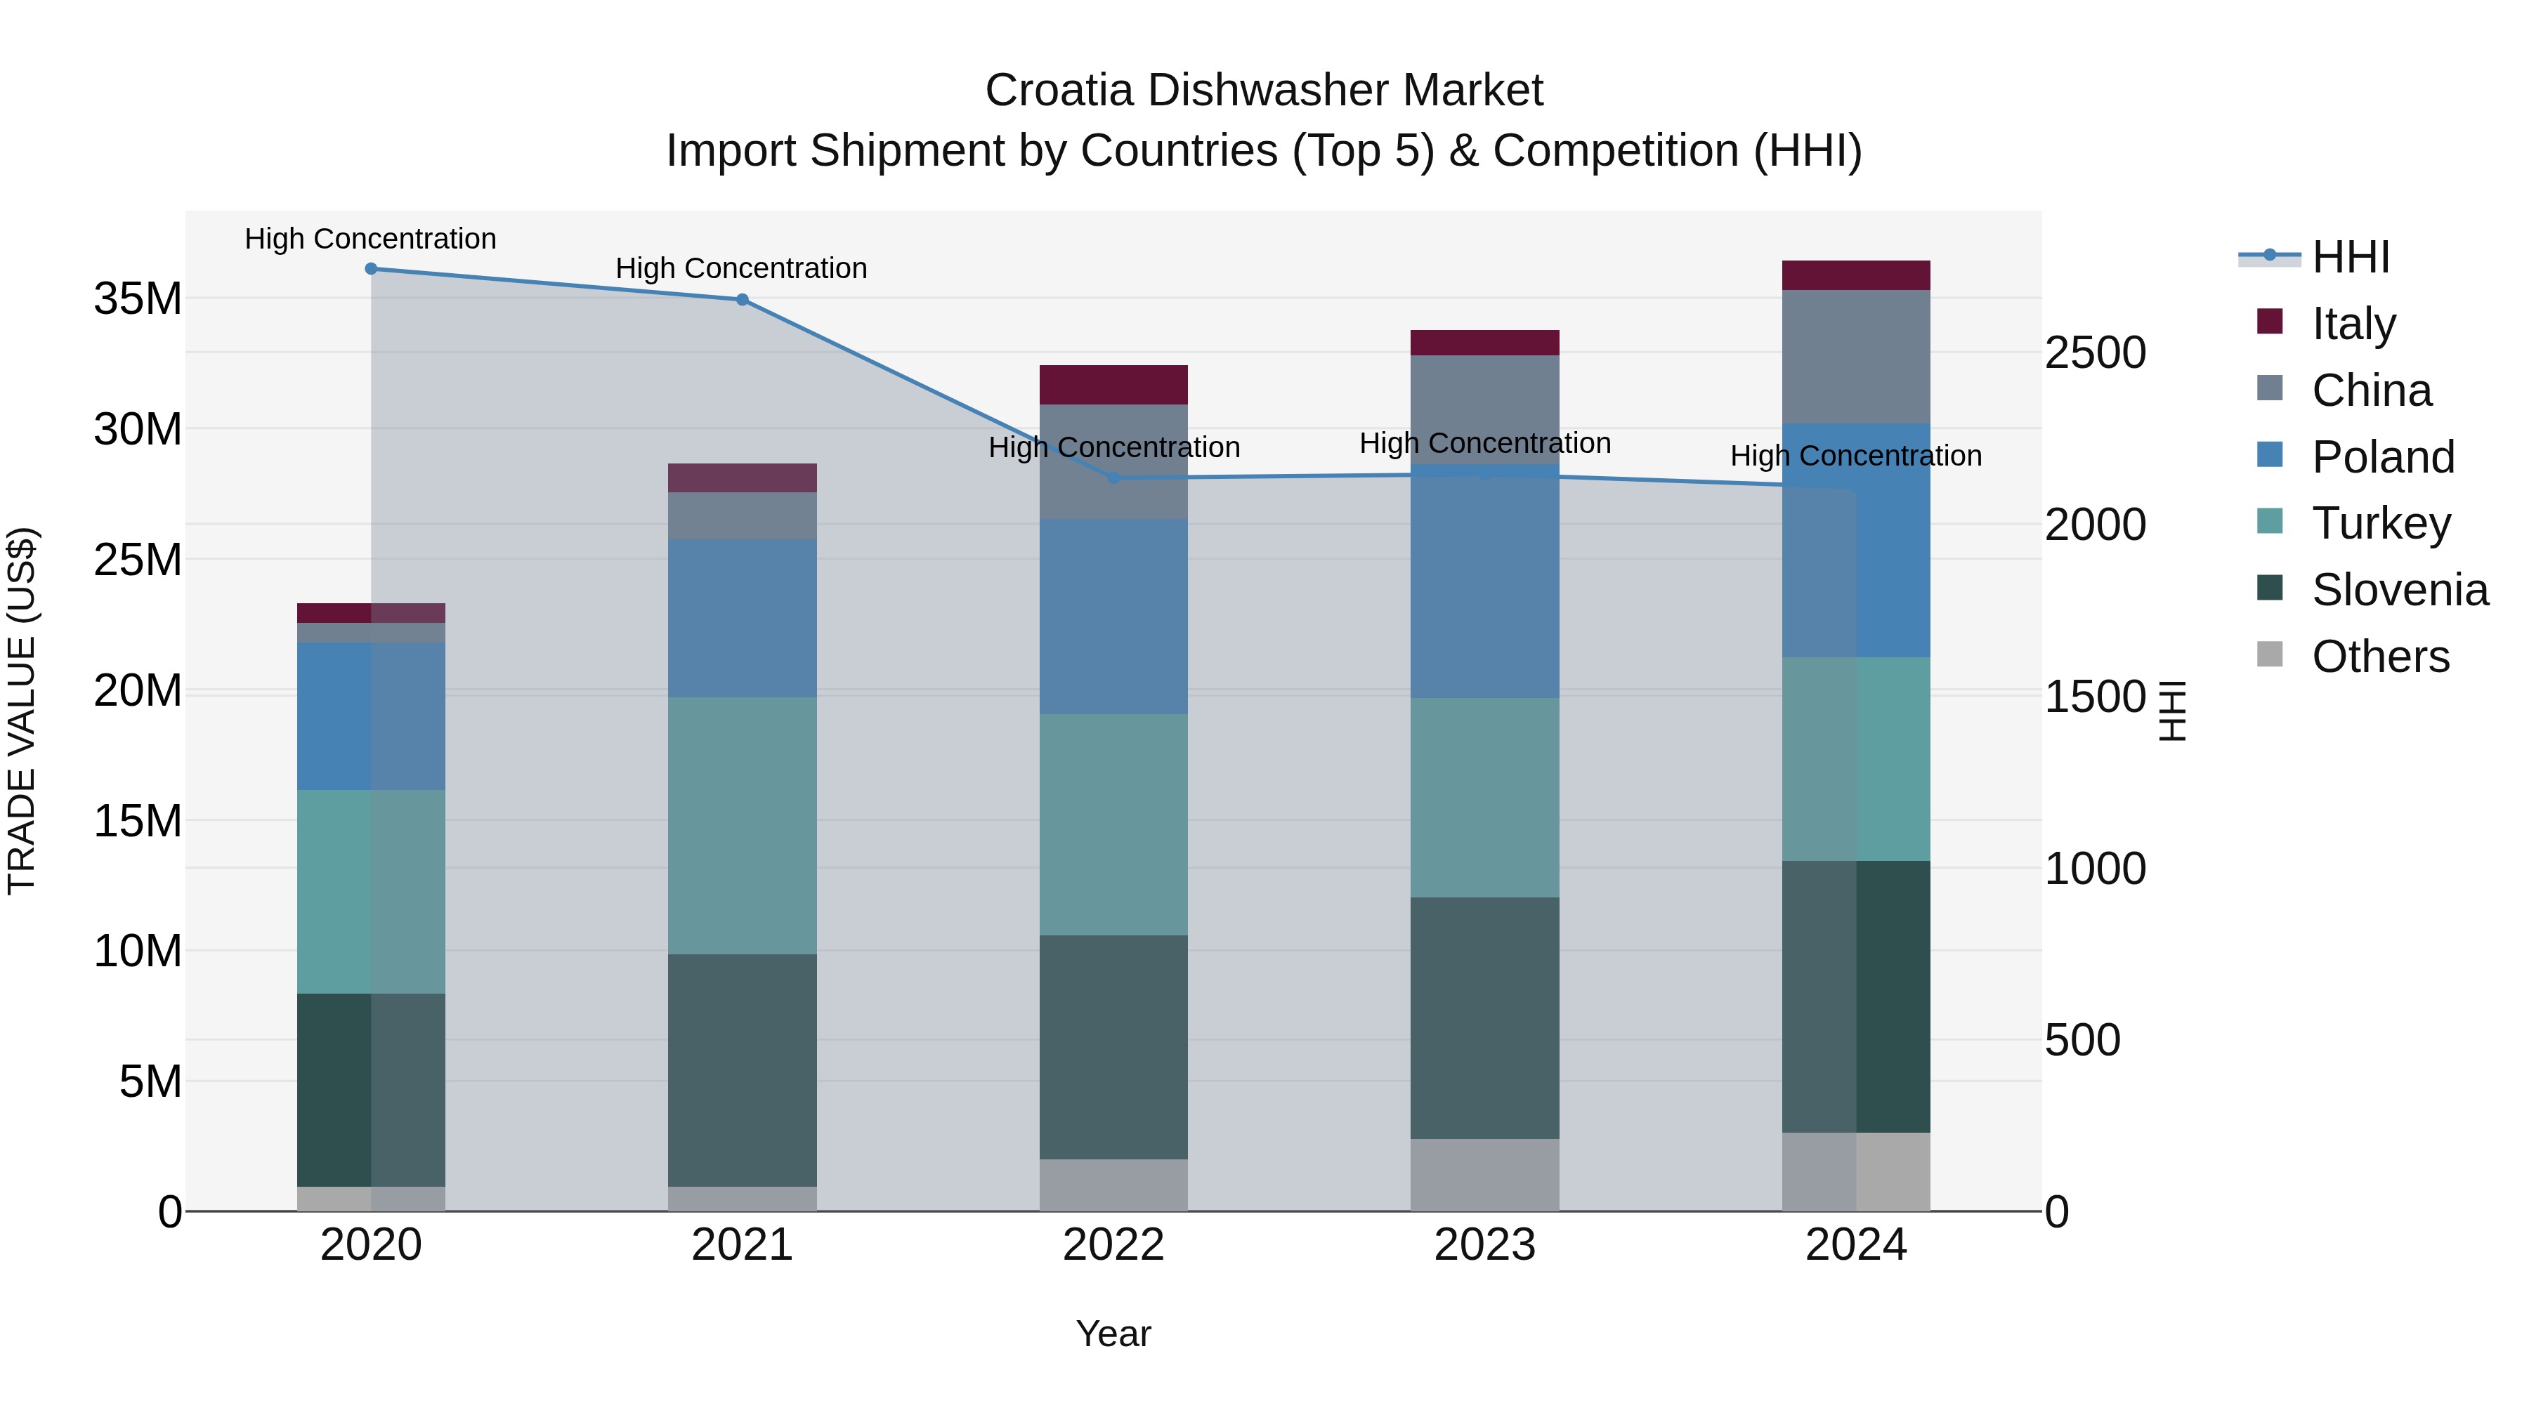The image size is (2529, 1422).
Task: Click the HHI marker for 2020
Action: pos(371,269)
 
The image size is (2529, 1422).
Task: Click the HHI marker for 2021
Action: pos(743,299)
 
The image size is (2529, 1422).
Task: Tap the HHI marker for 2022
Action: pos(1113,478)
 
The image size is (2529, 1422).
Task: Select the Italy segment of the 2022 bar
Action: pos(1113,385)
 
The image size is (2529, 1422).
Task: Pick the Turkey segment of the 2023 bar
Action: pos(1484,797)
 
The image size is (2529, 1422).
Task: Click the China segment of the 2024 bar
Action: pos(1855,356)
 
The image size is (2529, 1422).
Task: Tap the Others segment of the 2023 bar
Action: pos(1484,1175)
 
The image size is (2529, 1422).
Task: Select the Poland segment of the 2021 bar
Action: pos(743,618)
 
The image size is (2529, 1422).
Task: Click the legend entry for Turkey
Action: pos(2381,523)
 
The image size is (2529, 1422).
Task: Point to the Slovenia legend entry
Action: pos(2400,590)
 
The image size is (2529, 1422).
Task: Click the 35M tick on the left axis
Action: pos(138,298)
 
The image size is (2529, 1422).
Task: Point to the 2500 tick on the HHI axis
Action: pos(2095,353)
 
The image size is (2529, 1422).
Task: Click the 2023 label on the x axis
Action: pos(1484,1245)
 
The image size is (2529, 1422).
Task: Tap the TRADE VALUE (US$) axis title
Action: pos(22,711)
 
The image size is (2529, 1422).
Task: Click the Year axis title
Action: pos(1113,1334)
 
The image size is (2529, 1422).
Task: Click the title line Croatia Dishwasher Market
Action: pos(1264,91)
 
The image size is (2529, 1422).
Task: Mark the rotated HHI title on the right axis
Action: pos(2173,711)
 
